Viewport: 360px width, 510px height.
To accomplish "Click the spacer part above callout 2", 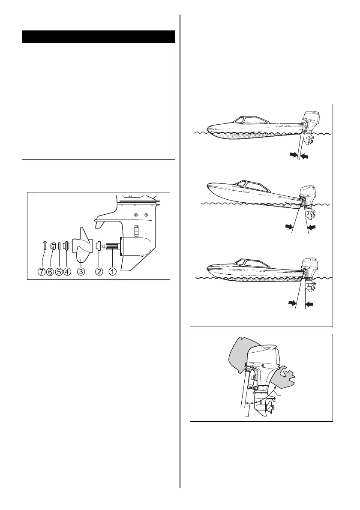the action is pos(99,247).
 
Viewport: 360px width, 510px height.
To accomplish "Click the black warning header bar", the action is pos(99,36).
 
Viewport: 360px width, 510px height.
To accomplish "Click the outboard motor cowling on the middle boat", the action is pos(309,192).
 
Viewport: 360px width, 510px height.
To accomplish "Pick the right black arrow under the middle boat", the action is pos(313,226).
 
